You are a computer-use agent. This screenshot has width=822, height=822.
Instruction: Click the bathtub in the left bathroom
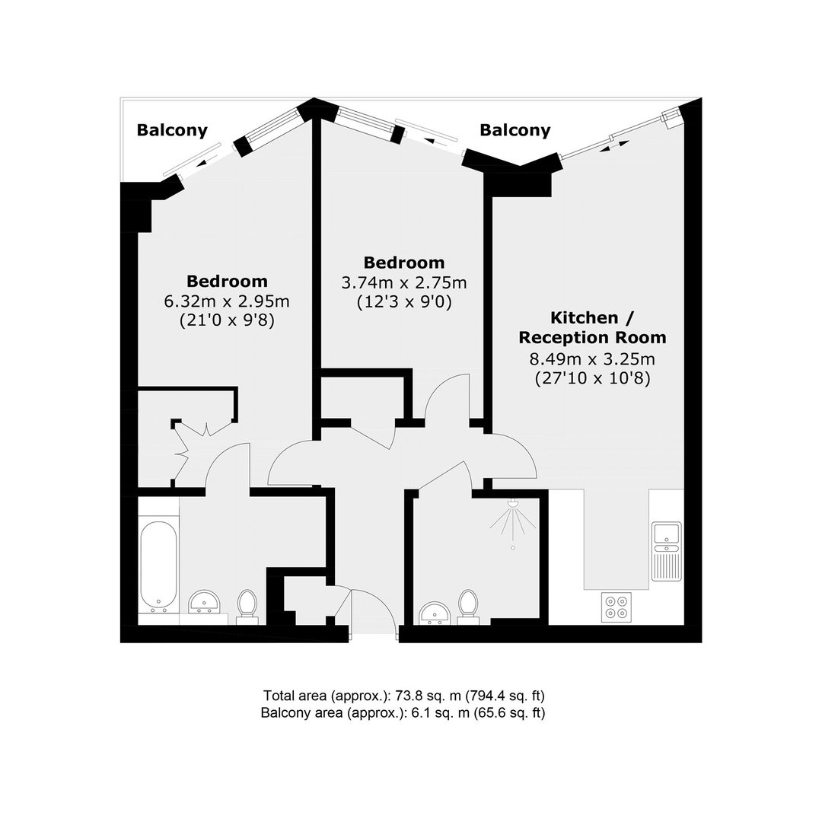(159, 567)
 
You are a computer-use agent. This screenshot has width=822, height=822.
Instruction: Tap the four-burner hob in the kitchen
(616, 607)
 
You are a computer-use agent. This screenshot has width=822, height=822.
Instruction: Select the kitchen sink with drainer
(666, 551)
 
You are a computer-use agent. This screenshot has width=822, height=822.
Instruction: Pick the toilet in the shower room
(468, 607)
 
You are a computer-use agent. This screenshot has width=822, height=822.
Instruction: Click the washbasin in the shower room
(435, 613)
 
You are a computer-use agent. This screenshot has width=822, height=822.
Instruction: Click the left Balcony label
(172, 130)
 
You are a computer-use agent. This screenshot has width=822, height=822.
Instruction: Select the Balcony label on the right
(515, 130)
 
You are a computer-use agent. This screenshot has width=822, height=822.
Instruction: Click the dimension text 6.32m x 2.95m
(227, 301)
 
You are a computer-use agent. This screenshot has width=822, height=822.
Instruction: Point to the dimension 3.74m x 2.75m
(403, 283)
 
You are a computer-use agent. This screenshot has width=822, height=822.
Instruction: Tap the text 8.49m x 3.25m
(592, 359)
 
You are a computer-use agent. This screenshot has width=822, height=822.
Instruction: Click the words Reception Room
(592, 338)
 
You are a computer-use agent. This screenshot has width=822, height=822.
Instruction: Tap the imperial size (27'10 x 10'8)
(592, 378)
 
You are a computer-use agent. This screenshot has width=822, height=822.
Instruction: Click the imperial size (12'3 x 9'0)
(404, 302)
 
